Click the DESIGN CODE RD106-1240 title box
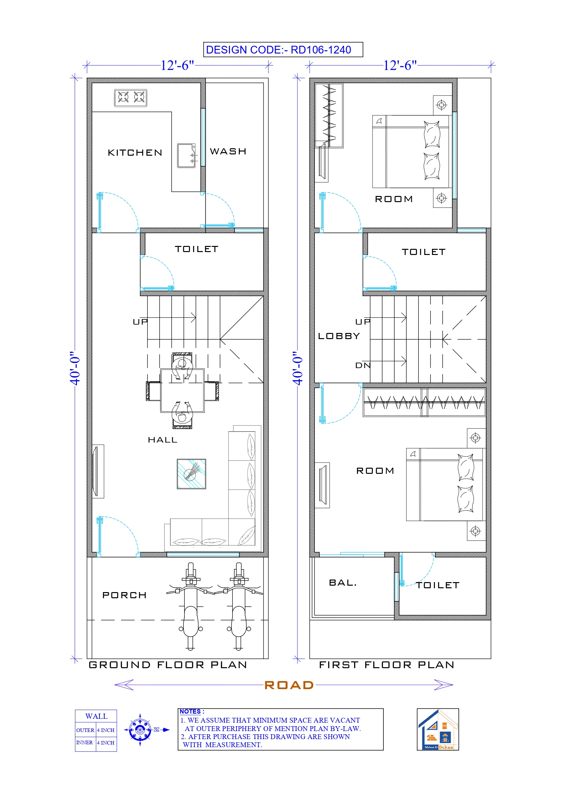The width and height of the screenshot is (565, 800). click(283, 50)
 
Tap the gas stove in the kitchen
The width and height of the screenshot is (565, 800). click(130, 98)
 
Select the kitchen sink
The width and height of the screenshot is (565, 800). click(186, 155)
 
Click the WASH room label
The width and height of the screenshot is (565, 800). click(228, 151)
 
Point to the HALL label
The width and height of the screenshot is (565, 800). click(163, 440)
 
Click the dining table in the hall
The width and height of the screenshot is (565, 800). click(182, 391)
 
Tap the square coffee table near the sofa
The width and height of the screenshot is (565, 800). click(191, 473)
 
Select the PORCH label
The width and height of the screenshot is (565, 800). click(124, 595)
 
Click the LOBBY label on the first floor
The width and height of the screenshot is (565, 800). click(339, 336)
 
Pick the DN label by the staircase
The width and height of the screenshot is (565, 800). click(363, 365)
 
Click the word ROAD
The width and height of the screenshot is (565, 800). click(289, 685)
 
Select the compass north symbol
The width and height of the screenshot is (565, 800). click(140, 730)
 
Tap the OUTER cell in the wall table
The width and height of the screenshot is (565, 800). click(85, 730)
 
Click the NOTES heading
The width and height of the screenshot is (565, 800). click(190, 711)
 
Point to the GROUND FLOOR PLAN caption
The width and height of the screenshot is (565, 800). click(168, 665)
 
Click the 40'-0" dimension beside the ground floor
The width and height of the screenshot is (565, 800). click(74, 368)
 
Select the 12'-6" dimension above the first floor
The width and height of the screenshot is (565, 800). click(400, 65)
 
